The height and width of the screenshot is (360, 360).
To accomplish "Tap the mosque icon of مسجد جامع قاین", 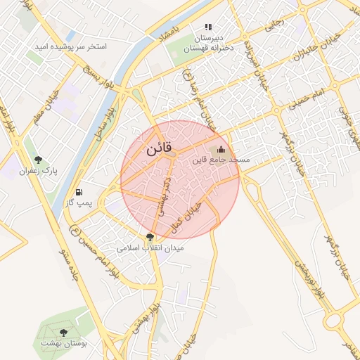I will (221, 149).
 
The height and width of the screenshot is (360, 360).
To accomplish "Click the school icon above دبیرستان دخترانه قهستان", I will (208, 27).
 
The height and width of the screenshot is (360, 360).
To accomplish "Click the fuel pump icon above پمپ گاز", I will (79, 191).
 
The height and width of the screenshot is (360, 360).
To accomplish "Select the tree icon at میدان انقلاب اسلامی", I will (150, 238).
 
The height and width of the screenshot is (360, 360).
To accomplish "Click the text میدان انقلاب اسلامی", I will (150, 249).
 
